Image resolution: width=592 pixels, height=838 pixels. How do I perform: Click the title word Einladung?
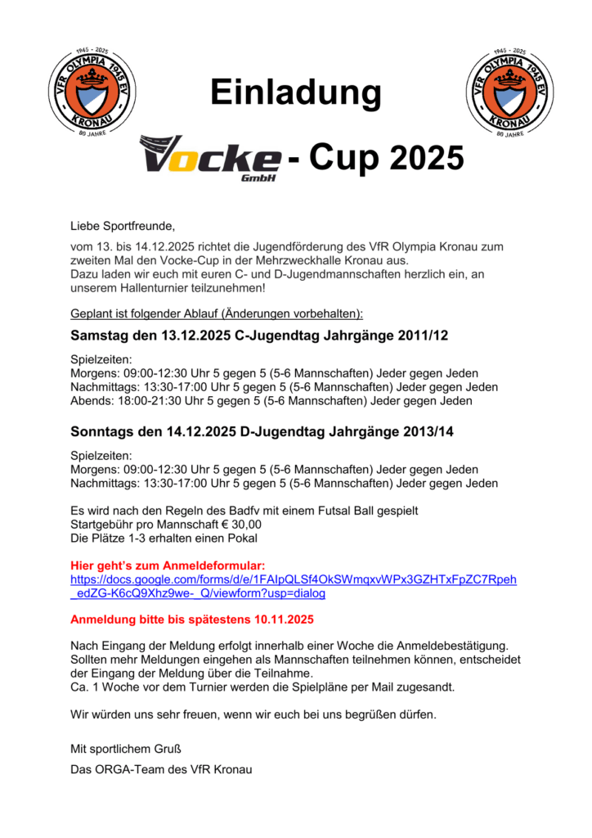point(295,92)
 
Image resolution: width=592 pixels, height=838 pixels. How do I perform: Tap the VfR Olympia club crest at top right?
point(505,90)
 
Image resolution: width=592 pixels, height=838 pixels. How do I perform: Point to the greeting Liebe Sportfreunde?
point(123,224)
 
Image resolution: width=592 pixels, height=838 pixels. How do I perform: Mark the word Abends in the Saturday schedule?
point(91,401)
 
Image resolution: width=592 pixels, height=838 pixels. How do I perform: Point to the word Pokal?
point(241,538)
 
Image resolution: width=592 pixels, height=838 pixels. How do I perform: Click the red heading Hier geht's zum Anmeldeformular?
point(168,565)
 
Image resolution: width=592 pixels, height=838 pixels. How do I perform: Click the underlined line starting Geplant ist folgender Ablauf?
point(217,313)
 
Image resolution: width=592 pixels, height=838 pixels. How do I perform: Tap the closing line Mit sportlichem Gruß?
point(125,749)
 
